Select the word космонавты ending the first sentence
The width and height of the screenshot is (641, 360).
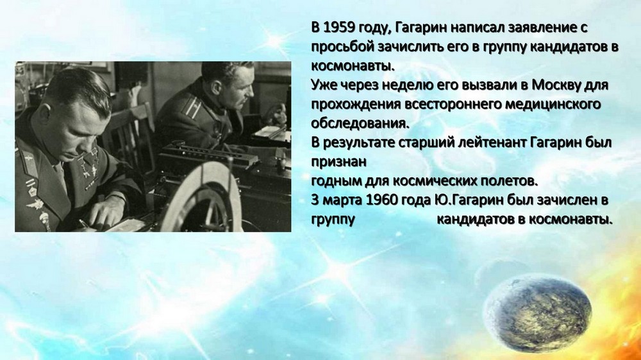pos(353,66)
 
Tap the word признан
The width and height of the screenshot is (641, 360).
pos(339,162)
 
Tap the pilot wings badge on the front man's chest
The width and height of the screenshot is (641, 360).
pos(35,203)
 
